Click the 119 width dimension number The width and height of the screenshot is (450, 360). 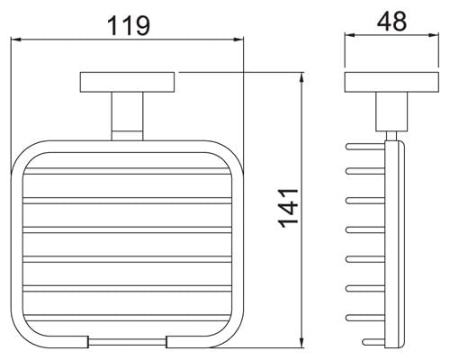pyautogui.click(x=129, y=26)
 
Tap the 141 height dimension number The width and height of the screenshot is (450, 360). pyautogui.click(x=288, y=209)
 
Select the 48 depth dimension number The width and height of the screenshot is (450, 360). pyautogui.click(x=391, y=22)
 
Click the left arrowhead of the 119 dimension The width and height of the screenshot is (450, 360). pyautogui.click(x=16, y=40)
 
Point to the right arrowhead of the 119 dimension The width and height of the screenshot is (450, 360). pyautogui.click(x=238, y=40)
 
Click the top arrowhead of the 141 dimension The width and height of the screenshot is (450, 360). pyautogui.click(x=302, y=78)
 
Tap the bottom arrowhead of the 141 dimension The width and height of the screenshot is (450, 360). pyautogui.click(x=302, y=342)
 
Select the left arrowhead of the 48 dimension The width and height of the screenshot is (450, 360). pyautogui.click(x=349, y=35)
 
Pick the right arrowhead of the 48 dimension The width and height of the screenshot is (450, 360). pyautogui.click(x=434, y=35)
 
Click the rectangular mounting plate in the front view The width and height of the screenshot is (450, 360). pyautogui.click(x=127, y=82)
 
